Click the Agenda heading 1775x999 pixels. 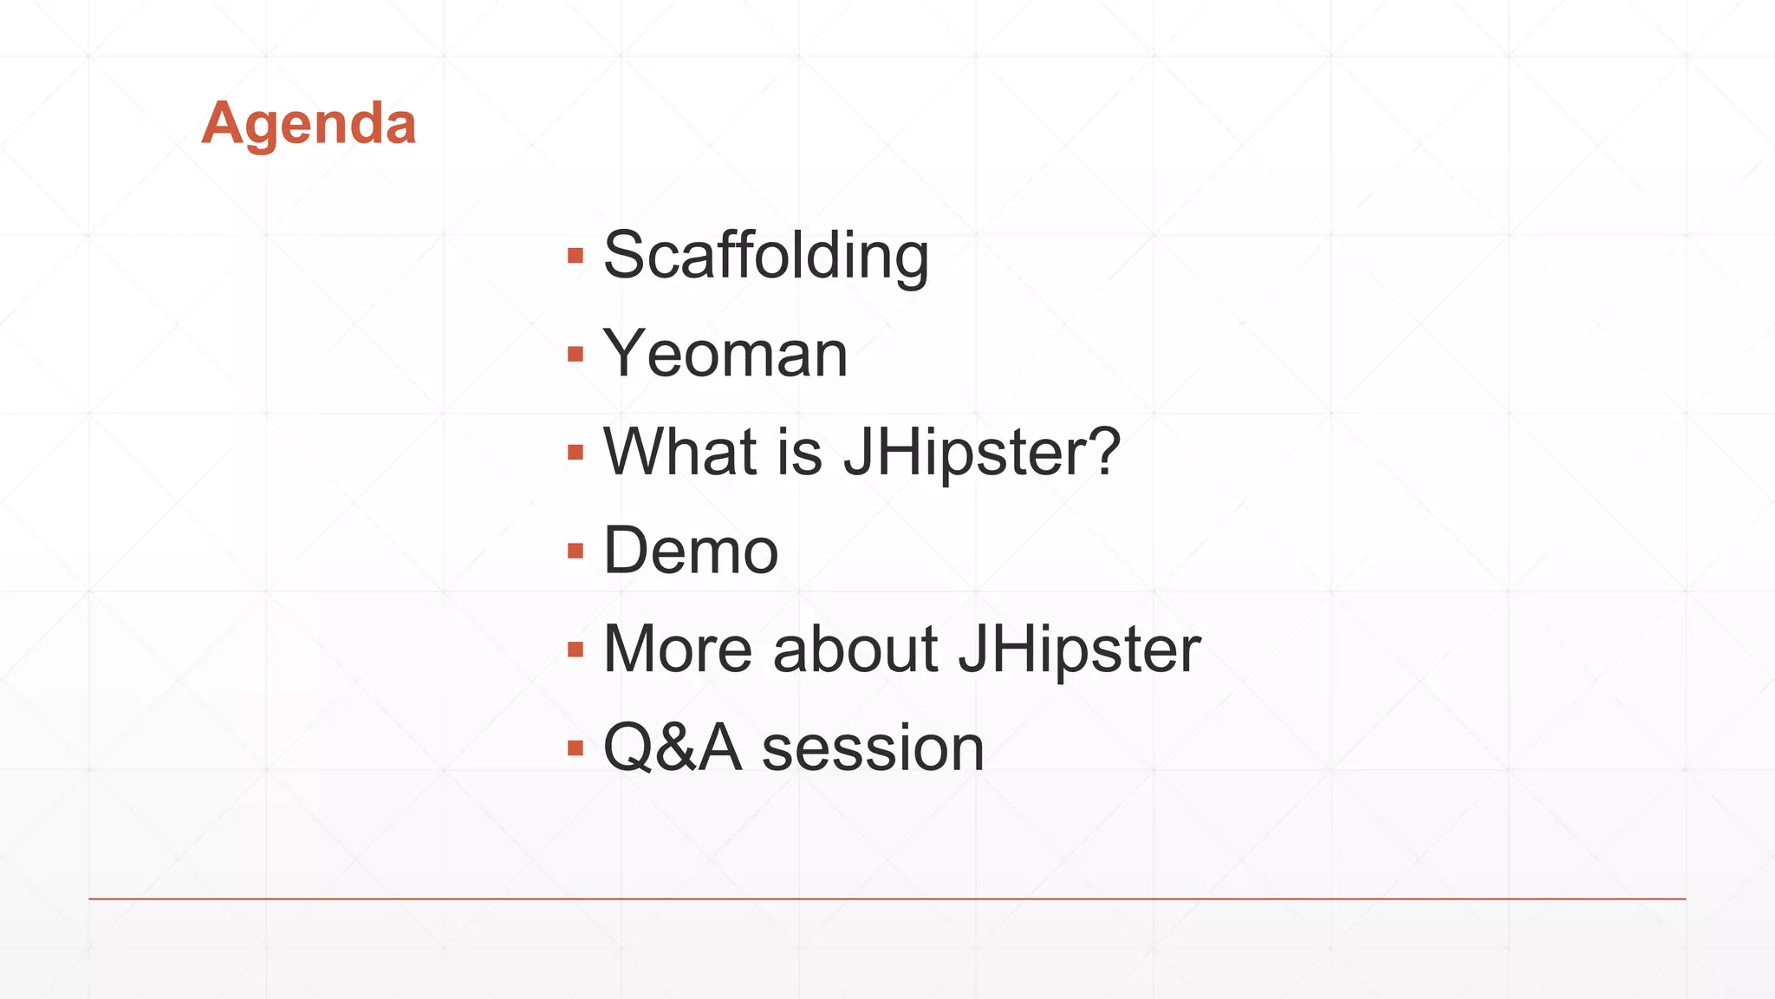(309, 123)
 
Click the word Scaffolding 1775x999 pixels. (765, 256)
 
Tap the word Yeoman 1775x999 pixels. (725, 354)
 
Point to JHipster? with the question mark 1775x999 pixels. (981, 452)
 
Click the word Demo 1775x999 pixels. (691, 551)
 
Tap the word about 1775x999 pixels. (855, 649)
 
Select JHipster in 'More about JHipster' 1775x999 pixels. (1079, 649)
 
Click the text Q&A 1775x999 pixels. (673, 748)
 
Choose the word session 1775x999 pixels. (873, 748)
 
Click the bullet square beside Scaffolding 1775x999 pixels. (575, 256)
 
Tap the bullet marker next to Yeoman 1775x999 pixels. (575, 354)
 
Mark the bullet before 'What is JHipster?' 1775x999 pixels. (575, 452)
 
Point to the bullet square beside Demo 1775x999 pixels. (575, 551)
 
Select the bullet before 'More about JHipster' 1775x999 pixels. (575, 649)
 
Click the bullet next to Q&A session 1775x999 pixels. (575, 748)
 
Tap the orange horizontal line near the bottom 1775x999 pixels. (887, 899)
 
